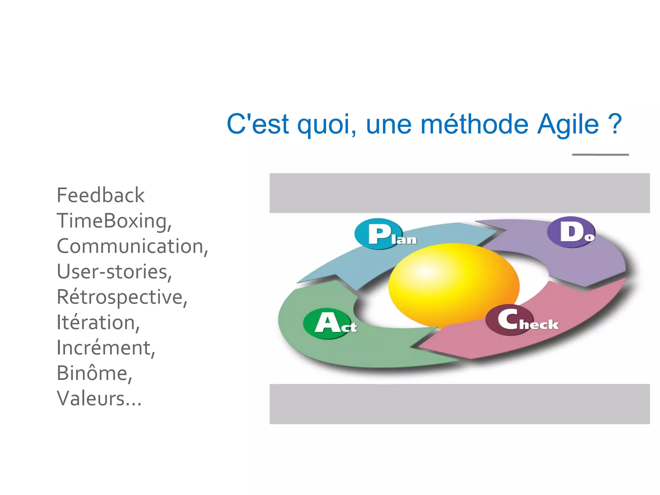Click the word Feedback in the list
[101, 195]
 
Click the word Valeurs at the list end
[91, 399]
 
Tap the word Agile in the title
[568, 124]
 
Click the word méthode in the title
[474, 124]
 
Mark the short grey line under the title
[600, 155]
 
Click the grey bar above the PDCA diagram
[460, 193]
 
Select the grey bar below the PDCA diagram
[460, 404]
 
